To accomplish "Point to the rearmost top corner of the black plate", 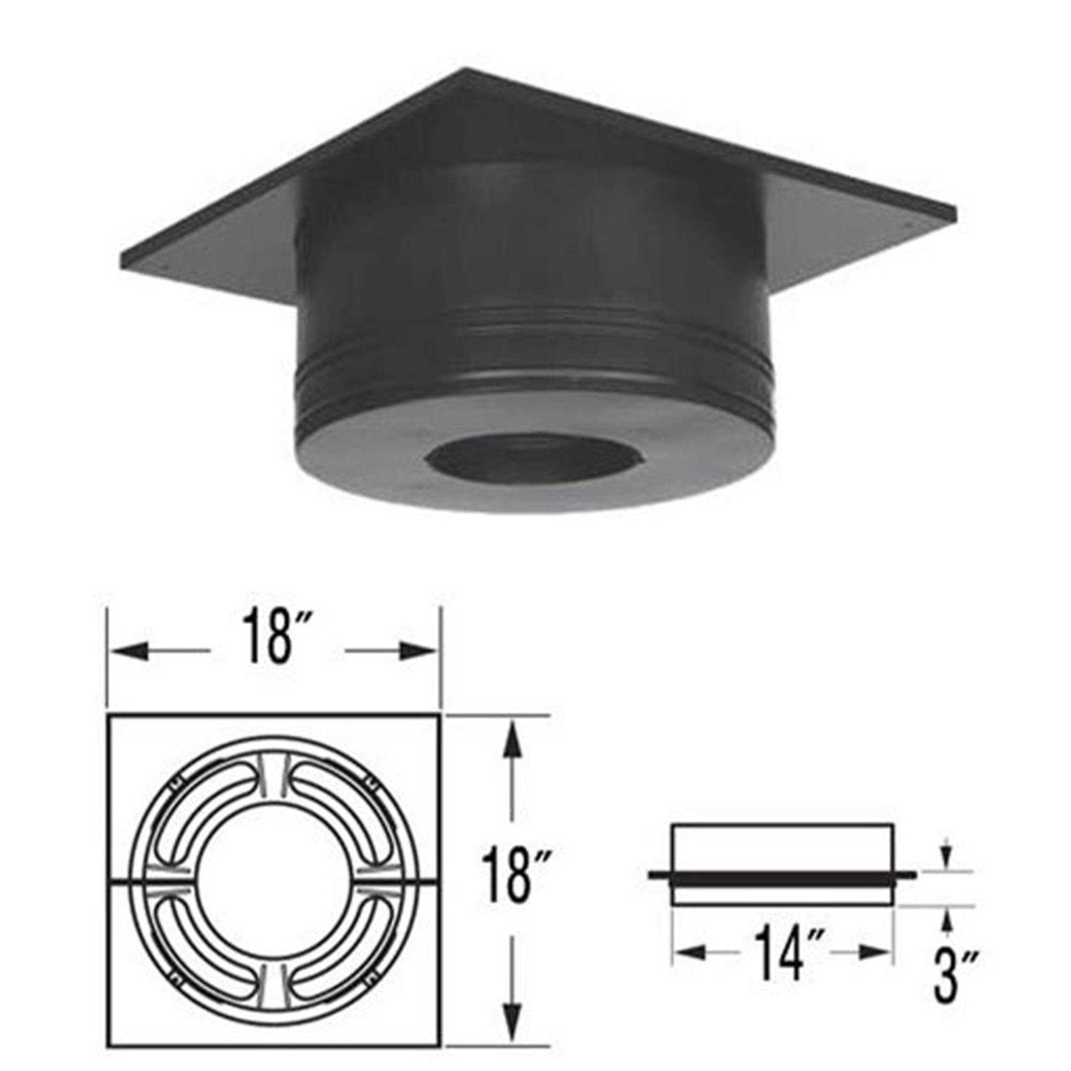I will point(468,69).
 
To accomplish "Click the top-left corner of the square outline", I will point(109,715).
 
